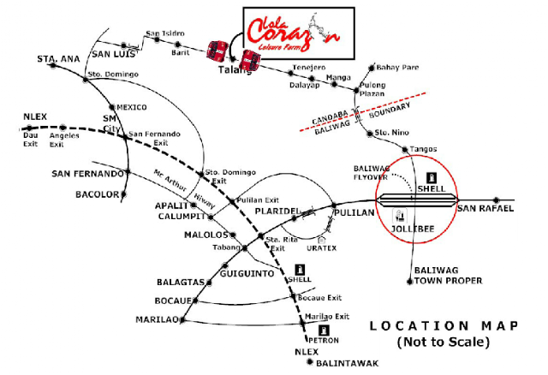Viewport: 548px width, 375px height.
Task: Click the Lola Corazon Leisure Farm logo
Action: (x=294, y=33)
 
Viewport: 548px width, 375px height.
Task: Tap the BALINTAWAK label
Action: (x=347, y=364)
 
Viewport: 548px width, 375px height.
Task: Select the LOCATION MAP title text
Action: (x=444, y=326)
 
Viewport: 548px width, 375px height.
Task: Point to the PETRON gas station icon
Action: (x=324, y=330)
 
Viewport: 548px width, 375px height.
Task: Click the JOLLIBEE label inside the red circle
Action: (x=413, y=229)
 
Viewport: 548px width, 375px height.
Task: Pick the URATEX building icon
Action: (x=322, y=240)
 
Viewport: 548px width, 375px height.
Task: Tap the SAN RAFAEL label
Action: (x=485, y=209)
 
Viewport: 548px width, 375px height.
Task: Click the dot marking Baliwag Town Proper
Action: (x=410, y=282)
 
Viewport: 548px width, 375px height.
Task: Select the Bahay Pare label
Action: (x=397, y=67)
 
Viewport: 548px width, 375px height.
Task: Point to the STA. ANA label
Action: (x=58, y=59)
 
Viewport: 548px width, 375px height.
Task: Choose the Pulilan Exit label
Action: (x=258, y=200)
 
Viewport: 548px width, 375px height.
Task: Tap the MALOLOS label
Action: (x=205, y=235)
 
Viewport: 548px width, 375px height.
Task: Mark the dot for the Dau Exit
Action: (x=30, y=128)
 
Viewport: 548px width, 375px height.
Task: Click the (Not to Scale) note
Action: (x=444, y=342)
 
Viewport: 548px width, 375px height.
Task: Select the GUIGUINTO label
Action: (x=247, y=273)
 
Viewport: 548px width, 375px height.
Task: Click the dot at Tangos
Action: (x=405, y=150)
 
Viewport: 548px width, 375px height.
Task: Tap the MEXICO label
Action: (x=131, y=107)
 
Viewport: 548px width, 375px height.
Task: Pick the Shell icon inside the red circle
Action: (x=432, y=178)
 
